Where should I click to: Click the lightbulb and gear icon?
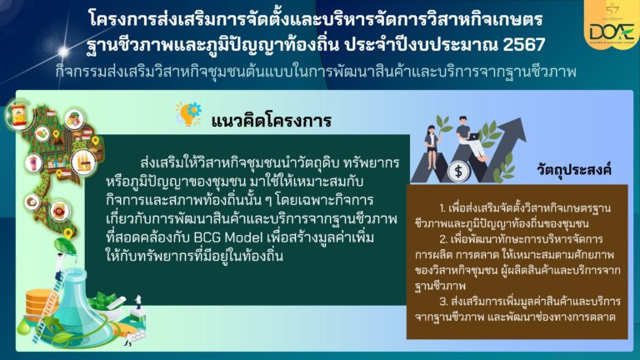coord(188,114)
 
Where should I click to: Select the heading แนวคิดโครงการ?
coord(271,120)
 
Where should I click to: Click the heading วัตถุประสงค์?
coord(574,169)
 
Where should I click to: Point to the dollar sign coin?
coord(458,171)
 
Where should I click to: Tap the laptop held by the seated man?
coord(473,137)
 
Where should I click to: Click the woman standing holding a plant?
coord(432,147)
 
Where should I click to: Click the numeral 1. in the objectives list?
coord(442,208)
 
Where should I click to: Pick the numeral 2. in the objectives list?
coord(443,239)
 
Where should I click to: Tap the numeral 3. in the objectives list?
coord(443,301)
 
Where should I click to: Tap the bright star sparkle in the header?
coord(63,51)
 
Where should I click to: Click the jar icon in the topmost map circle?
coord(18,116)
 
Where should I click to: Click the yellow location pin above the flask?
coord(68,234)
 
